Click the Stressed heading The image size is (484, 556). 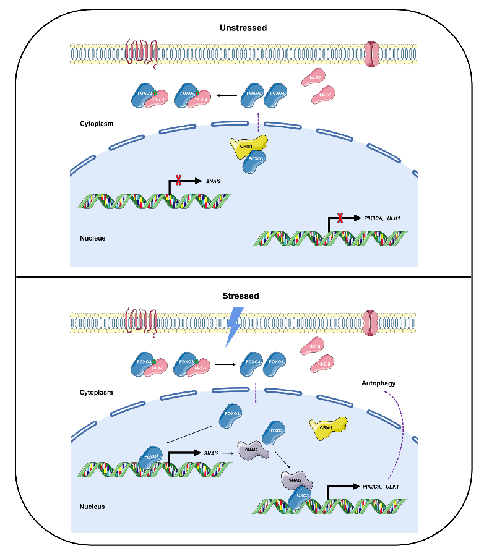pyautogui.click(x=241, y=296)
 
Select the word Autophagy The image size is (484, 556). pyautogui.click(x=378, y=383)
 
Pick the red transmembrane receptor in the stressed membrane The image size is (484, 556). pyautogui.click(x=140, y=321)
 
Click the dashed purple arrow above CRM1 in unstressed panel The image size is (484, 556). pyautogui.click(x=257, y=121)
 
